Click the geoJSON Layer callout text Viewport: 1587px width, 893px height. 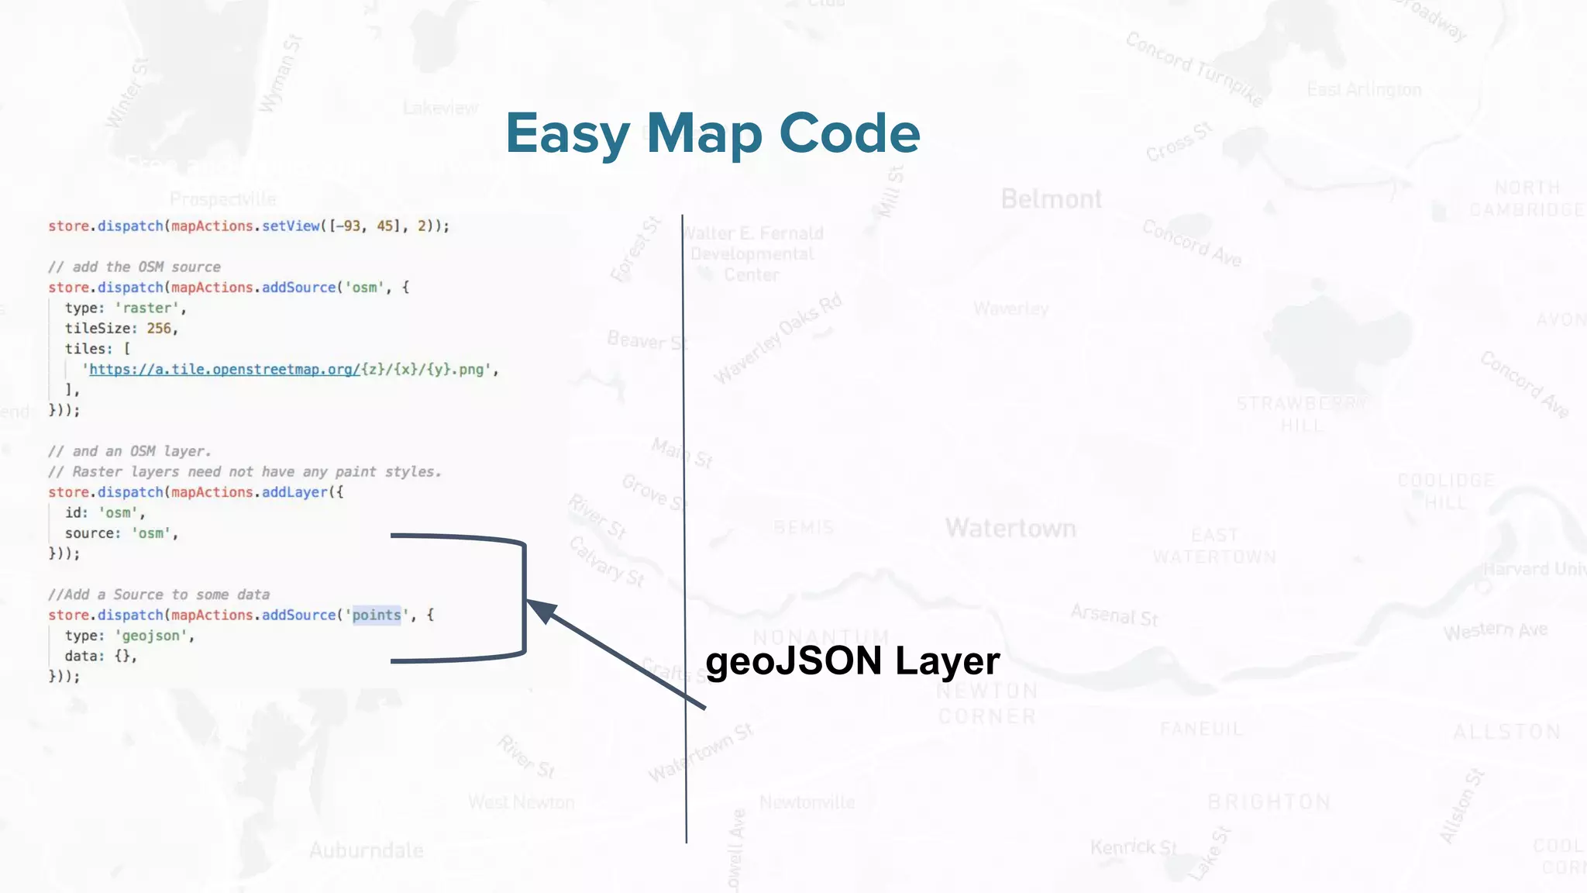pos(852,661)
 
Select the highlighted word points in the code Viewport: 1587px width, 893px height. pos(377,615)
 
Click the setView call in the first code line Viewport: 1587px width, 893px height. pos(291,226)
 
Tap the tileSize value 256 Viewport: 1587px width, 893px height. pos(159,329)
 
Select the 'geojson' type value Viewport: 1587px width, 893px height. pos(151,636)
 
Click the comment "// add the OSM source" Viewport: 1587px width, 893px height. pos(134,267)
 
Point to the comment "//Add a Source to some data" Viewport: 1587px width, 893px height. pos(159,595)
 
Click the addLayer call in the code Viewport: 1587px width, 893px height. pos(294,492)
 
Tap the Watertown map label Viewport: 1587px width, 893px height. pos(1010,529)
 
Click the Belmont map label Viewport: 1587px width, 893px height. pos(1051,199)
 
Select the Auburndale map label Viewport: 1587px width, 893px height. pos(366,850)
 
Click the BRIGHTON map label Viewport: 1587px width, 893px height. pos(1269,802)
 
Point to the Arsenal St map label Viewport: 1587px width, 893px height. pos(1114,615)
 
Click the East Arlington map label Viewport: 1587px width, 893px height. pos(1364,90)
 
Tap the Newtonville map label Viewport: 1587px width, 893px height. pos(807,802)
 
